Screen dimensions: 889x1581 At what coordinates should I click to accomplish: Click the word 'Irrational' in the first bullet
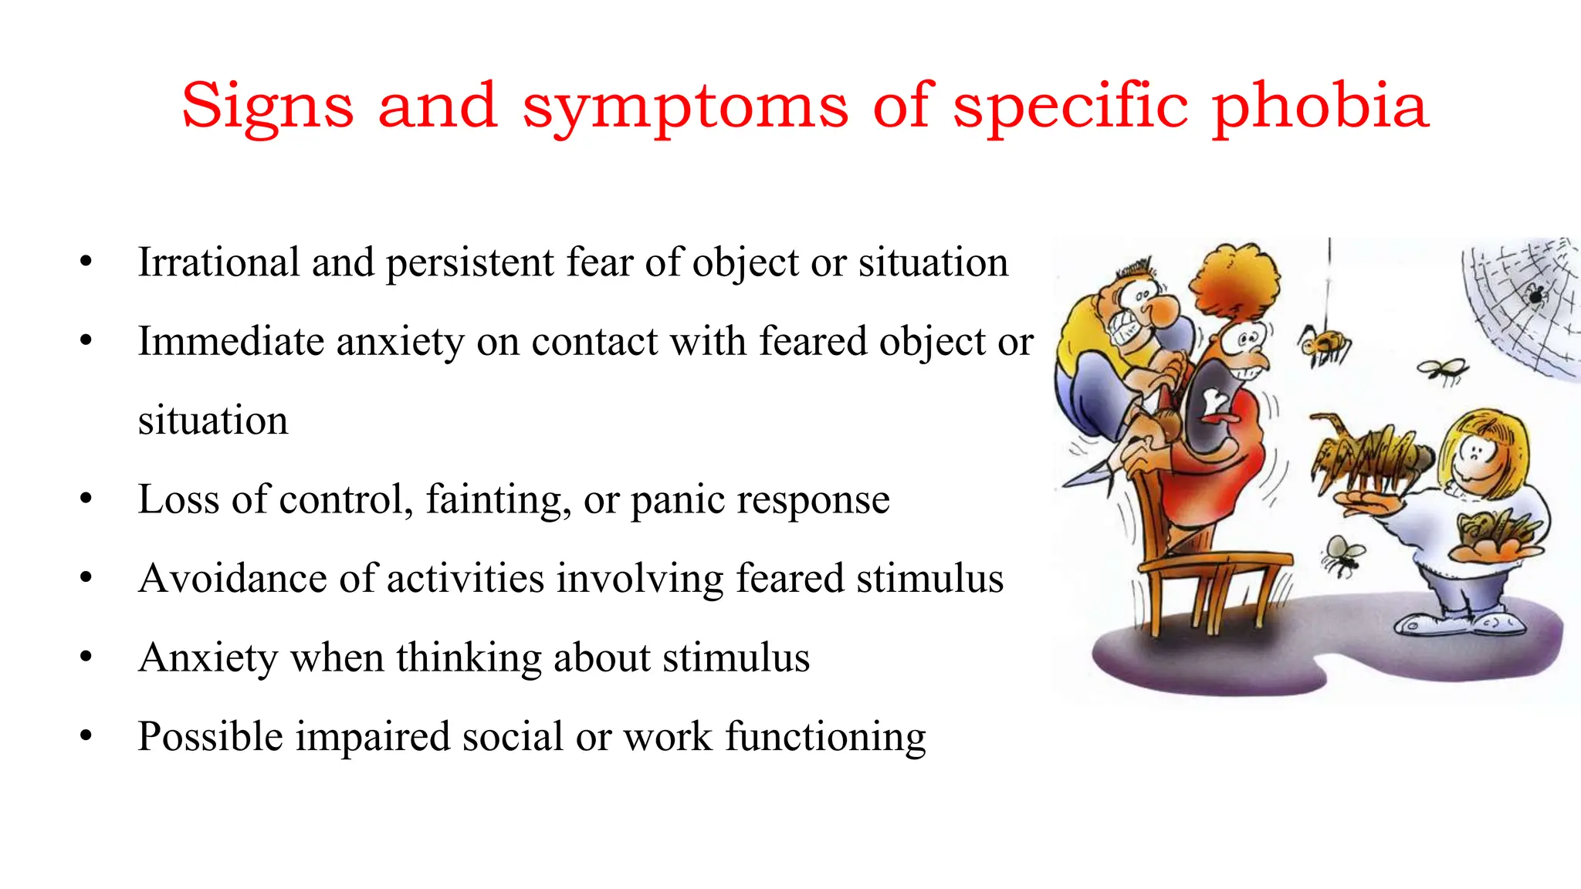(218, 262)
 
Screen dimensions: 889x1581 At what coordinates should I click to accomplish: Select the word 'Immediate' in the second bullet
(231, 341)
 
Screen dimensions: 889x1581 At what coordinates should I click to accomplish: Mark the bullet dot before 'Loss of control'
(86, 499)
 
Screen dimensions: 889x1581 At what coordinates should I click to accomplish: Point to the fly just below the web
(1442, 371)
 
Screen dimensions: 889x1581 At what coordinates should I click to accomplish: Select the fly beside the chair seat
(1342, 556)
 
